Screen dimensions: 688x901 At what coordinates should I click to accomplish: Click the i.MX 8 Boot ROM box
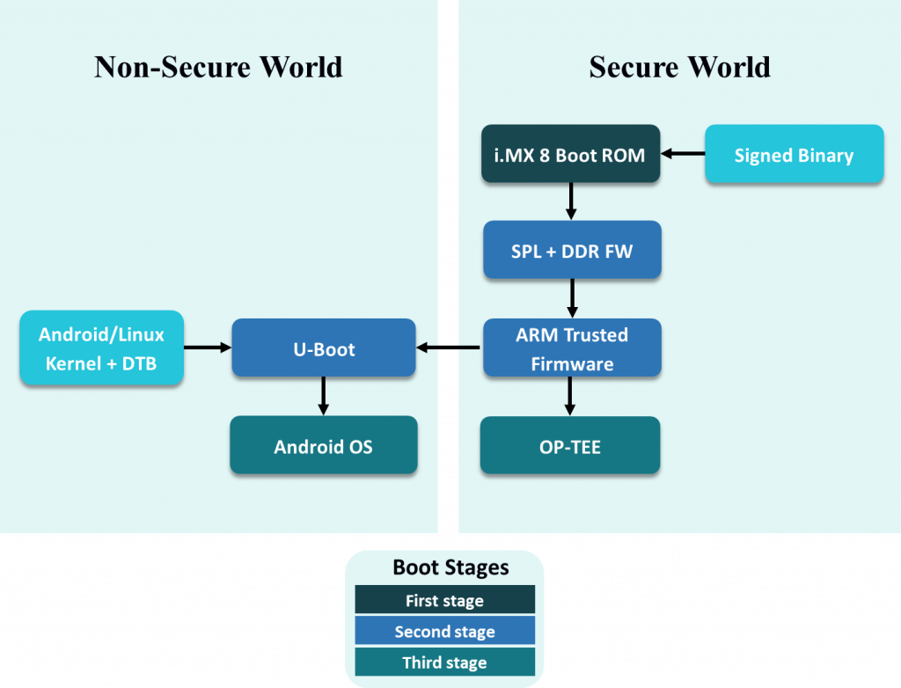pyautogui.click(x=570, y=154)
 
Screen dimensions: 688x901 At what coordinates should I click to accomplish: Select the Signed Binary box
pyautogui.click(x=794, y=155)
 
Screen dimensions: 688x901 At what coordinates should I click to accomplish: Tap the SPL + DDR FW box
pyautogui.click(x=571, y=251)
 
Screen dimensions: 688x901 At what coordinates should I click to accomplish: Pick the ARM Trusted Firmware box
pyautogui.click(x=571, y=348)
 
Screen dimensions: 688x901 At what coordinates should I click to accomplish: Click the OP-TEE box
pyautogui.click(x=569, y=446)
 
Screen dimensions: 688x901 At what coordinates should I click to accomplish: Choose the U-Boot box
pyautogui.click(x=323, y=348)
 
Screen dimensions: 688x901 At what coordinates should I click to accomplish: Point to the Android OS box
pyautogui.click(x=323, y=446)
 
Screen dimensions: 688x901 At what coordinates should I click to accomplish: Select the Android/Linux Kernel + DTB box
pyautogui.click(x=101, y=348)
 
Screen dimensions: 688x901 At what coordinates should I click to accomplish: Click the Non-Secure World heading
pyautogui.click(x=218, y=67)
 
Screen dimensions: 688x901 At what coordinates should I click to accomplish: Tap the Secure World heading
pyautogui.click(x=679, y=67)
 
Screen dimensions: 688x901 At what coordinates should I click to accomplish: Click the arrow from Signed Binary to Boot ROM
pyautogui.click(x=683, y=154)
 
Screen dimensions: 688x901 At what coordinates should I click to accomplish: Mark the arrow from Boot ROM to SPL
pyautogui.click(x=571, y=201)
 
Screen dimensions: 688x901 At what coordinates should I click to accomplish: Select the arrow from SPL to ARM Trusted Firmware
pyautogui.click(x=572, y=298)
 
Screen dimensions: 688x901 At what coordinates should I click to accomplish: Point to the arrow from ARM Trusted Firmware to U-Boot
pyautogui.click(x=449, y=348)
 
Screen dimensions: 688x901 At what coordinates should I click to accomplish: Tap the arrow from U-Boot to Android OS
pyautogui.click(x=323, y=396)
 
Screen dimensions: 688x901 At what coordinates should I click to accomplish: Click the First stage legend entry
pyautogui.click(x=444, y=601)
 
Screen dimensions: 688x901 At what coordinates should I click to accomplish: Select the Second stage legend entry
pyautogui.click(x=444, y=631)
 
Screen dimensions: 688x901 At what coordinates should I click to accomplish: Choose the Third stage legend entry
pyautogui.click(x=444, y=662)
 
